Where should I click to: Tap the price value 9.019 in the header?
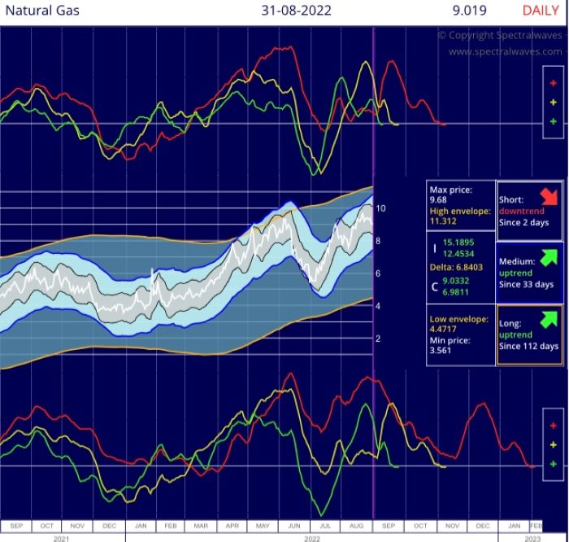(471, 12)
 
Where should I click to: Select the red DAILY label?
(540, 12)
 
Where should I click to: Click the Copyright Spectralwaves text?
(499, 36)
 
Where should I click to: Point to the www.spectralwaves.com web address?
(505, 51)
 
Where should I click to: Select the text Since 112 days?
(528, 346)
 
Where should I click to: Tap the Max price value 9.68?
(440, 199)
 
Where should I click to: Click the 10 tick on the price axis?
(380, 209)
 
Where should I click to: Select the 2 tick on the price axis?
(378, 339)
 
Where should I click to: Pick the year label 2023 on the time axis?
(532, 537)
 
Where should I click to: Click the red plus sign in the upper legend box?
(553, 82)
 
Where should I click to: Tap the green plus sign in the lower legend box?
(553, 463)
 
